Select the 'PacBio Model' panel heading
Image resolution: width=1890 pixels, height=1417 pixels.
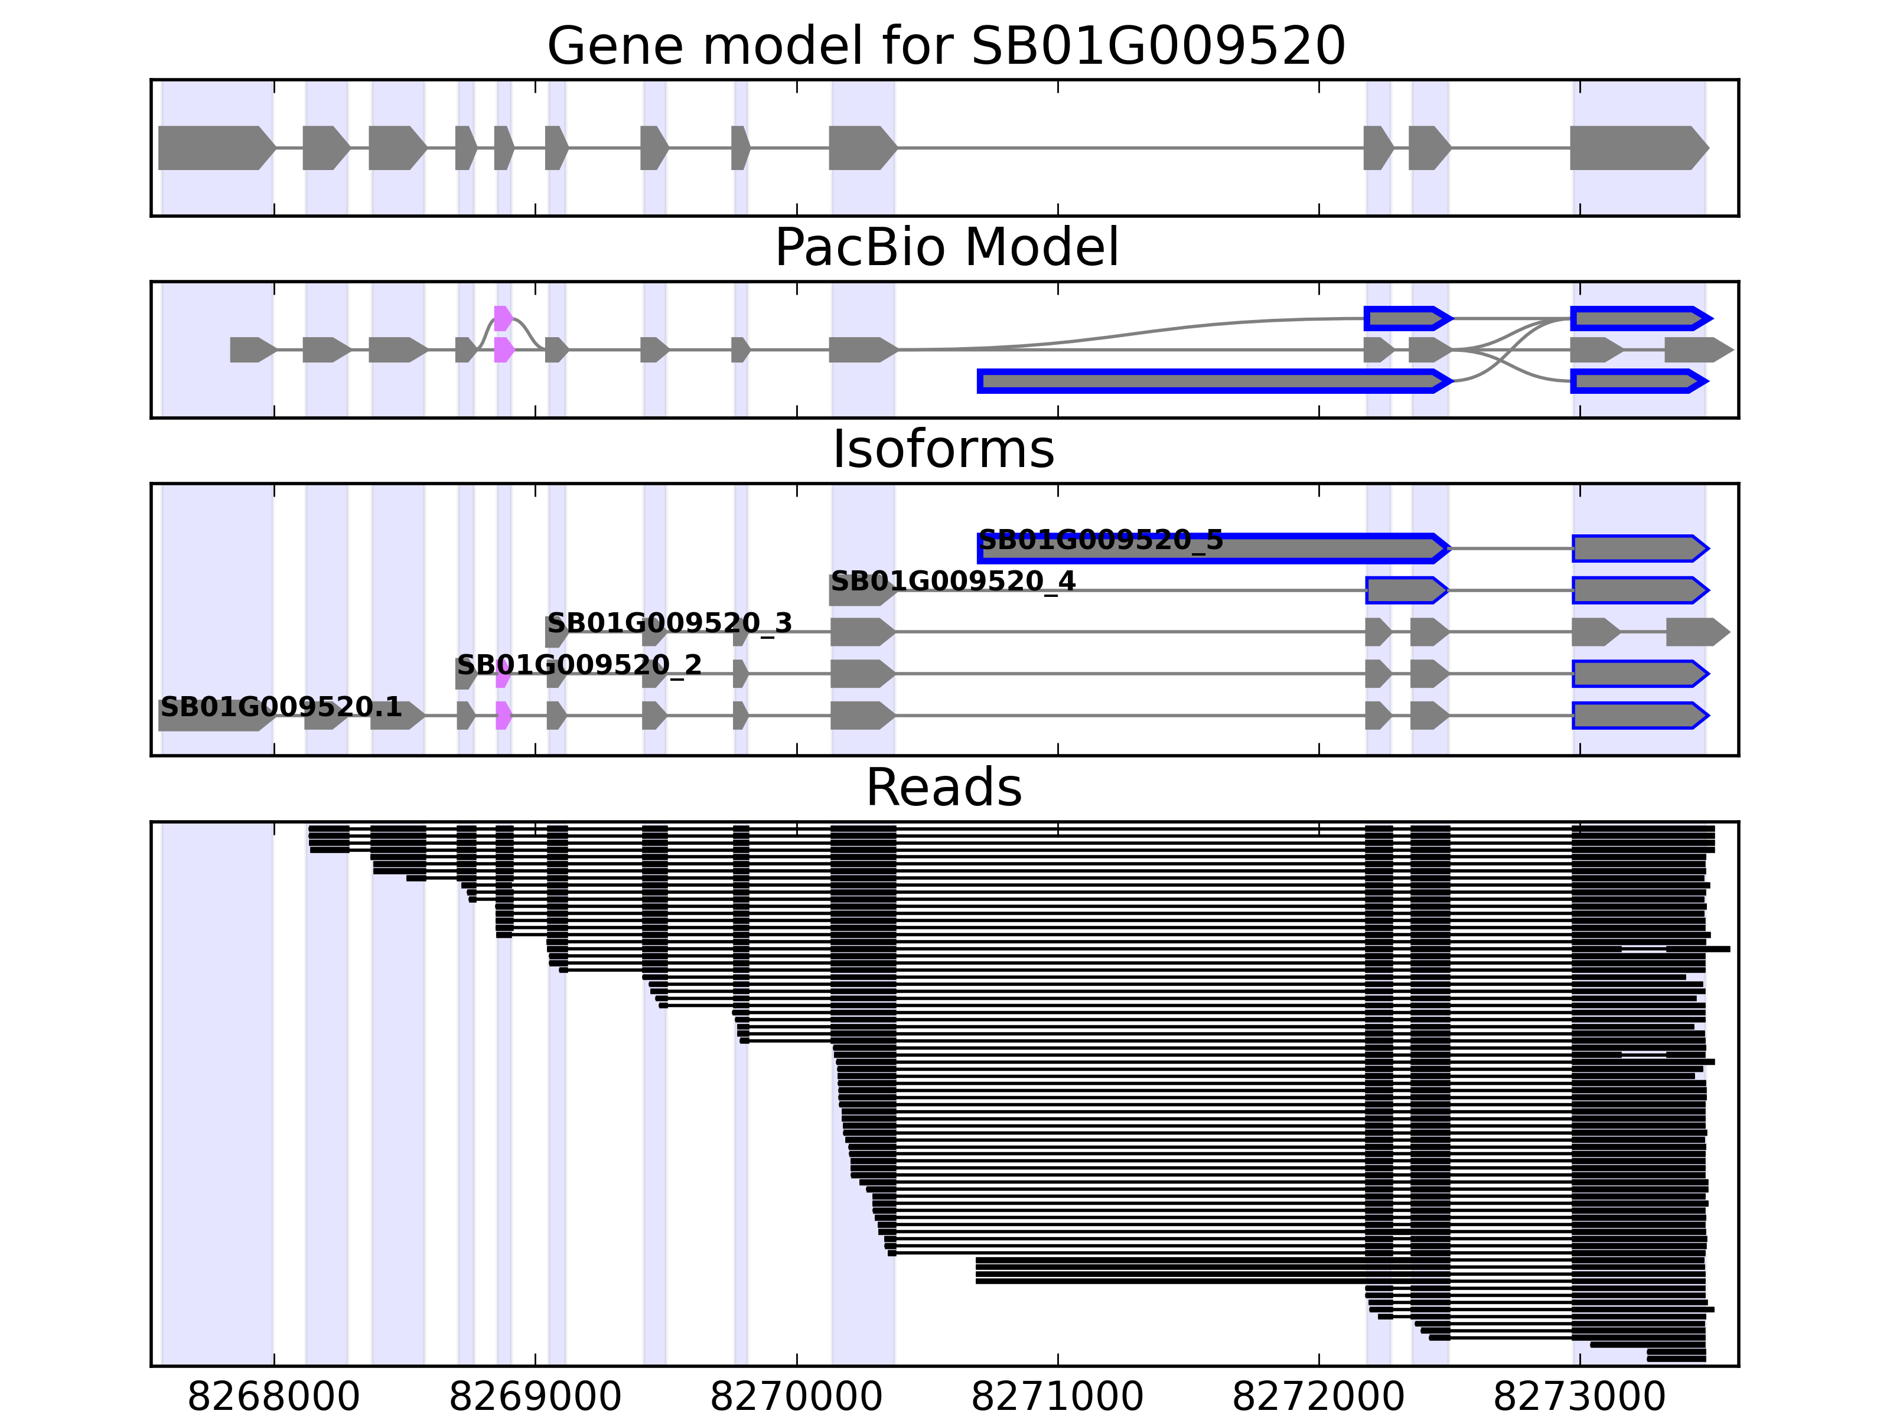pyautogui.click(x=946, y=248)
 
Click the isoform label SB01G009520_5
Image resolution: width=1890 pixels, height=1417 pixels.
pyautogui.click(x=1100, y=540)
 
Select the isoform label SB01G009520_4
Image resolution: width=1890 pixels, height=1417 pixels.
pyautogui.click(x=953, y=582)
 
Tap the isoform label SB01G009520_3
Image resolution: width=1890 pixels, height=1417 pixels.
pyautogui.click(x=669, y=623)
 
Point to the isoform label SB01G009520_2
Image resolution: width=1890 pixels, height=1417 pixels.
pyautogui.click(x=578, y=665)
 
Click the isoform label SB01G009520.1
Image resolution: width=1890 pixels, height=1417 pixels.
pyautogui.click(x=281, y=707)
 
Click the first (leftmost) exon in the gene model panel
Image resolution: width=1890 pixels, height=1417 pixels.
pyautogui.click(x=216, y=148)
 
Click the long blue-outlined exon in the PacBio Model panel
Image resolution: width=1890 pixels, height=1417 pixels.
pyautogui.click(x=1213, y=381)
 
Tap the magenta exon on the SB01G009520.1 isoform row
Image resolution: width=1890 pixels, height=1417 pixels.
pyautogui.click(x=503, y=716)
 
